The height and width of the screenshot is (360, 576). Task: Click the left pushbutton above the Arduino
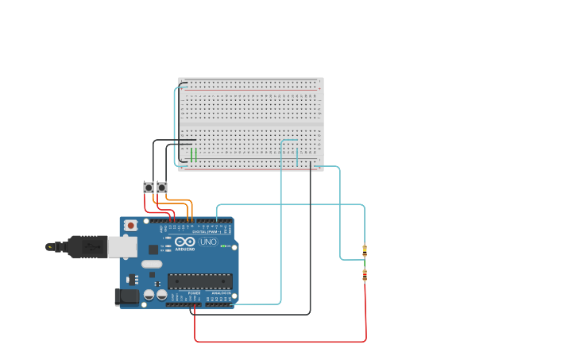click(x=149, y=188)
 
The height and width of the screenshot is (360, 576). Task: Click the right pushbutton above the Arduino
click(x=162, y=188)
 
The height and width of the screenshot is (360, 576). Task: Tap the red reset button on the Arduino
click(x=130, y=226)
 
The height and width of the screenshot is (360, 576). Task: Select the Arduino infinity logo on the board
click(x=185, y=242)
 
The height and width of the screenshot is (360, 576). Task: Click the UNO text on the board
click(x=207, y=242)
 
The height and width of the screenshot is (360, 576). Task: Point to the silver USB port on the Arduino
click(x=122, y=247)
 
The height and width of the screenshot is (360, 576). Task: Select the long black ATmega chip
click(x=199, y=281)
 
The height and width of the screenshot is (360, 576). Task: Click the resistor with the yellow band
click(x=365, y=250)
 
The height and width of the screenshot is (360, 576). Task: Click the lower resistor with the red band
click(x=365, y=276)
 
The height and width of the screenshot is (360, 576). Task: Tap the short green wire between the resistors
click(x=365, y=263)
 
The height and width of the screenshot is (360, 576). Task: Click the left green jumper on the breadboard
click(x=191, y=154)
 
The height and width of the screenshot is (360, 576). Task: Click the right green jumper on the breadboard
click(x=196, y=154)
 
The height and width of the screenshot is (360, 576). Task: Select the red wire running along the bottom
click(x=278, y=342)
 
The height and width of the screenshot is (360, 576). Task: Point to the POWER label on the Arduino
click(x=194, y=293)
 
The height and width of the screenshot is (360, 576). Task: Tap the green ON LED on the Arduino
click(x=226, y=246)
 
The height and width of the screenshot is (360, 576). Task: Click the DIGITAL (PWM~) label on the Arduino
click(x=205, y=232)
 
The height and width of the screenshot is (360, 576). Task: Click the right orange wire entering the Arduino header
click(x=191, y=215)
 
